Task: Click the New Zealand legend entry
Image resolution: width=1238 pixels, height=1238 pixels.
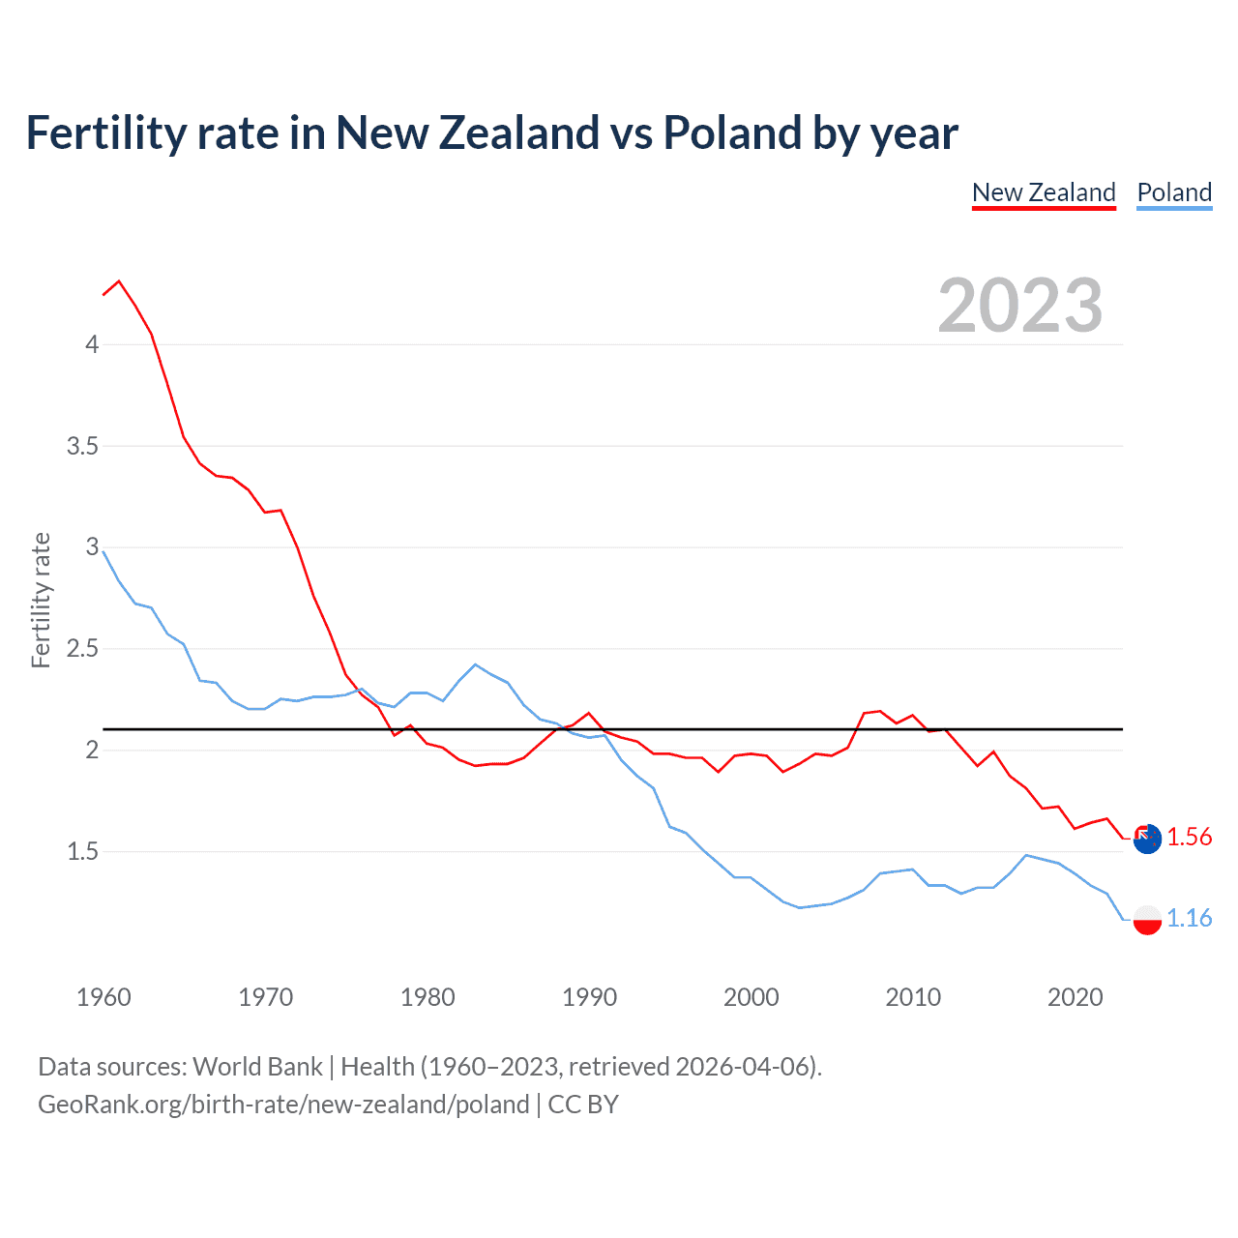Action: point(1044,192)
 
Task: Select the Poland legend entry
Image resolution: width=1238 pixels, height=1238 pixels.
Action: point(1174,192)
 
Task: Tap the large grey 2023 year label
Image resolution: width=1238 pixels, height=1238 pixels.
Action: point(1019,306)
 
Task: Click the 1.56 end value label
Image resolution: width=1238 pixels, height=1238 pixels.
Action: point(1189,837)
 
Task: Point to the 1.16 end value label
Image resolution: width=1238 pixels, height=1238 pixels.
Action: point(1189,918)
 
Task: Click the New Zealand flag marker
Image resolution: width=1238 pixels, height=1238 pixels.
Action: point(1147,839)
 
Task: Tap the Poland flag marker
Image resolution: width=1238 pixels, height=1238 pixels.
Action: point(1147,919)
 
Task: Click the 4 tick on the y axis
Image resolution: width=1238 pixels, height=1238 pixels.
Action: point(92,345)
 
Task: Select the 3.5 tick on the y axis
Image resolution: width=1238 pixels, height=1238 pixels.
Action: point(82,447)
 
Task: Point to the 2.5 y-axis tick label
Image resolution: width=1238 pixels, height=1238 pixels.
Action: point(82,649)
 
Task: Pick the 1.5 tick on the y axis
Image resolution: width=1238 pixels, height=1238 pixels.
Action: point(82,852)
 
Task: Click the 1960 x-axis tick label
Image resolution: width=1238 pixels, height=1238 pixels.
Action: point(103,997)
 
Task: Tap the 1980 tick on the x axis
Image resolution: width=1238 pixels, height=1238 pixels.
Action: point(427,997)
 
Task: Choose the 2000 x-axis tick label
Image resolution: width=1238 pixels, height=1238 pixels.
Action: point(751,997)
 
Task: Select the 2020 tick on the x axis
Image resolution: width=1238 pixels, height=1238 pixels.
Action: point(1075,997)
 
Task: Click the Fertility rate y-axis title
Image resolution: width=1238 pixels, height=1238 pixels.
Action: point(41,600)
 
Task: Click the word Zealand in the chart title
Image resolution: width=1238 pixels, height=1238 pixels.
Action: point(519,133)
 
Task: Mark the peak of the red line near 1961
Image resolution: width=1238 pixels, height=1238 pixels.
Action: point(119,281)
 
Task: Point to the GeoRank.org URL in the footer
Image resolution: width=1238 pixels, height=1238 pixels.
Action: point(283,1105)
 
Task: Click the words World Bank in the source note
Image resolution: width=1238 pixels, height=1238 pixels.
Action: point(257,1067)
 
